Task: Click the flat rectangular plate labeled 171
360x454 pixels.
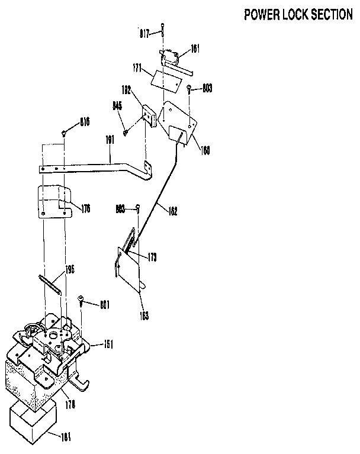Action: (165, 79)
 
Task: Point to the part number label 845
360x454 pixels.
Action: (117, 107)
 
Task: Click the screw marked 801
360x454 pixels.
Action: (81, 300)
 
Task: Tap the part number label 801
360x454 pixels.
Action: (104, 305)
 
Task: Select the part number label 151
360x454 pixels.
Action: (108, 344)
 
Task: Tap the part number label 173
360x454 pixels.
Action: (152, 257)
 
